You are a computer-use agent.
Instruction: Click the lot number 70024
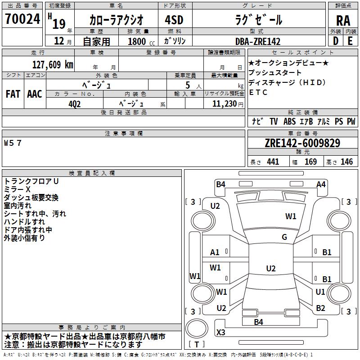(22, 18)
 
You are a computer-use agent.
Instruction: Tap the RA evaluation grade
(343, 21)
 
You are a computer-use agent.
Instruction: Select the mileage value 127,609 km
(53, 65)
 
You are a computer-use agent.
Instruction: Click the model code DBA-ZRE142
(258, 41)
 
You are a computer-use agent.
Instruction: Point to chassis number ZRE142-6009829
(302, 143)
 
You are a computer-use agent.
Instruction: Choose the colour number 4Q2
(74, 104)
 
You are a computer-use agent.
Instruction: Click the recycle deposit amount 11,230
(225, 104)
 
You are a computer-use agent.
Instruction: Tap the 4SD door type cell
(174, 20)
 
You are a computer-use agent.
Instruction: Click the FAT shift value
(13, 94)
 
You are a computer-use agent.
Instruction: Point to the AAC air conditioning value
(35, 94)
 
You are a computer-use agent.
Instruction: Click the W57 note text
(13, 143)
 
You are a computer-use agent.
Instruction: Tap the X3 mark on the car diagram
(221, 332)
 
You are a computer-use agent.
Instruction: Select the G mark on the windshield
(284, 237)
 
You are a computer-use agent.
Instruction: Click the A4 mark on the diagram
(321, 184)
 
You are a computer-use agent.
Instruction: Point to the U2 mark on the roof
(271, 268)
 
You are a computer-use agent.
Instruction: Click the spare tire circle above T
(197, 328)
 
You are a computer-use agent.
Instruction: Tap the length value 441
(273, 162)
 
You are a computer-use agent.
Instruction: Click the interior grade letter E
(350, 41)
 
